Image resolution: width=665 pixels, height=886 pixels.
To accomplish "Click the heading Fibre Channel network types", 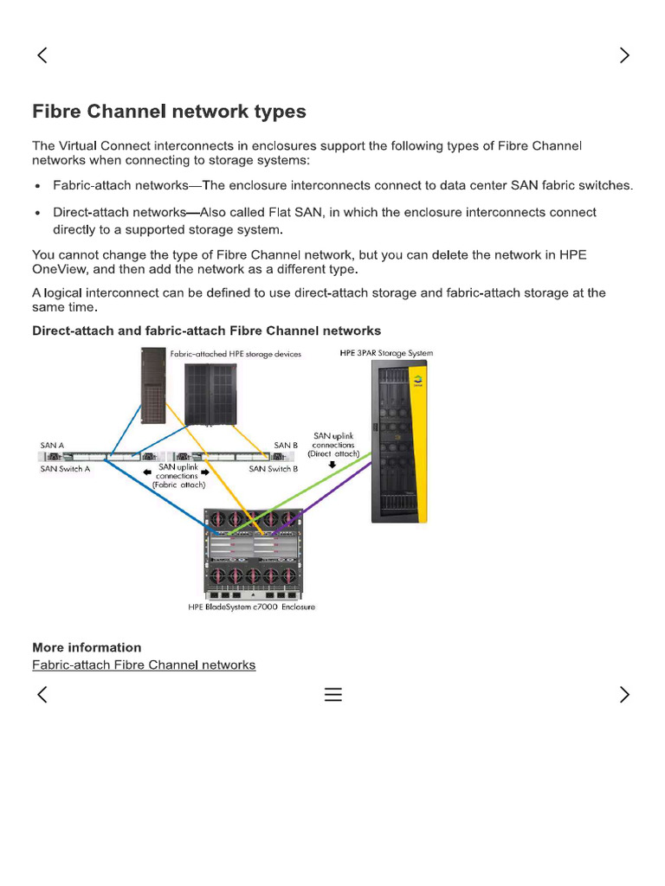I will tap(169, 112).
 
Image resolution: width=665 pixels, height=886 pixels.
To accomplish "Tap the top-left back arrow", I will tap(42, 55).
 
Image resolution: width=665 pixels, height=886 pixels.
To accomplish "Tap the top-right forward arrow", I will tap(624, 55).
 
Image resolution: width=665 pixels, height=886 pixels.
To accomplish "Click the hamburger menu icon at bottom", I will tap(333, 695).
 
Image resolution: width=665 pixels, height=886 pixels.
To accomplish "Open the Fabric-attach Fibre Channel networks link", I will tap(144, 664).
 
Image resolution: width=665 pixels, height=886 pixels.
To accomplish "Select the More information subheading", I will tap(87, 647).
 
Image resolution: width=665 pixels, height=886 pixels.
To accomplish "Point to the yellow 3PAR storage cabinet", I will tap(399, 441).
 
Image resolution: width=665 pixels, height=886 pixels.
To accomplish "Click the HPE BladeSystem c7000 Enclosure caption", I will tap(251, 607).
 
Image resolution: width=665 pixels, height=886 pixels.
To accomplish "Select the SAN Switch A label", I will tap(65, 468).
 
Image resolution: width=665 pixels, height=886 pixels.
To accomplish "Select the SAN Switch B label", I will tap(274, 468).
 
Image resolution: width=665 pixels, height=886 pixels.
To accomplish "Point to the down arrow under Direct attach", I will tap(332, 464).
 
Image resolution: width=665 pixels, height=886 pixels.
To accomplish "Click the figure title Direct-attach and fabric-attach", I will tap(206, 331).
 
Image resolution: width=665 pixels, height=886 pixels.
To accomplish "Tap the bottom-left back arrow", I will tap(42, 695).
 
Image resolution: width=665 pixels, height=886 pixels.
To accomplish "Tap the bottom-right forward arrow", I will tap(624, 695).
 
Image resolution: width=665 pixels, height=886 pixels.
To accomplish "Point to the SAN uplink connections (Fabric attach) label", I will tap(178, 476).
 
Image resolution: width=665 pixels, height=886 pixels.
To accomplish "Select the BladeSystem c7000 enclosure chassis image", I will tap(251, 554).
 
